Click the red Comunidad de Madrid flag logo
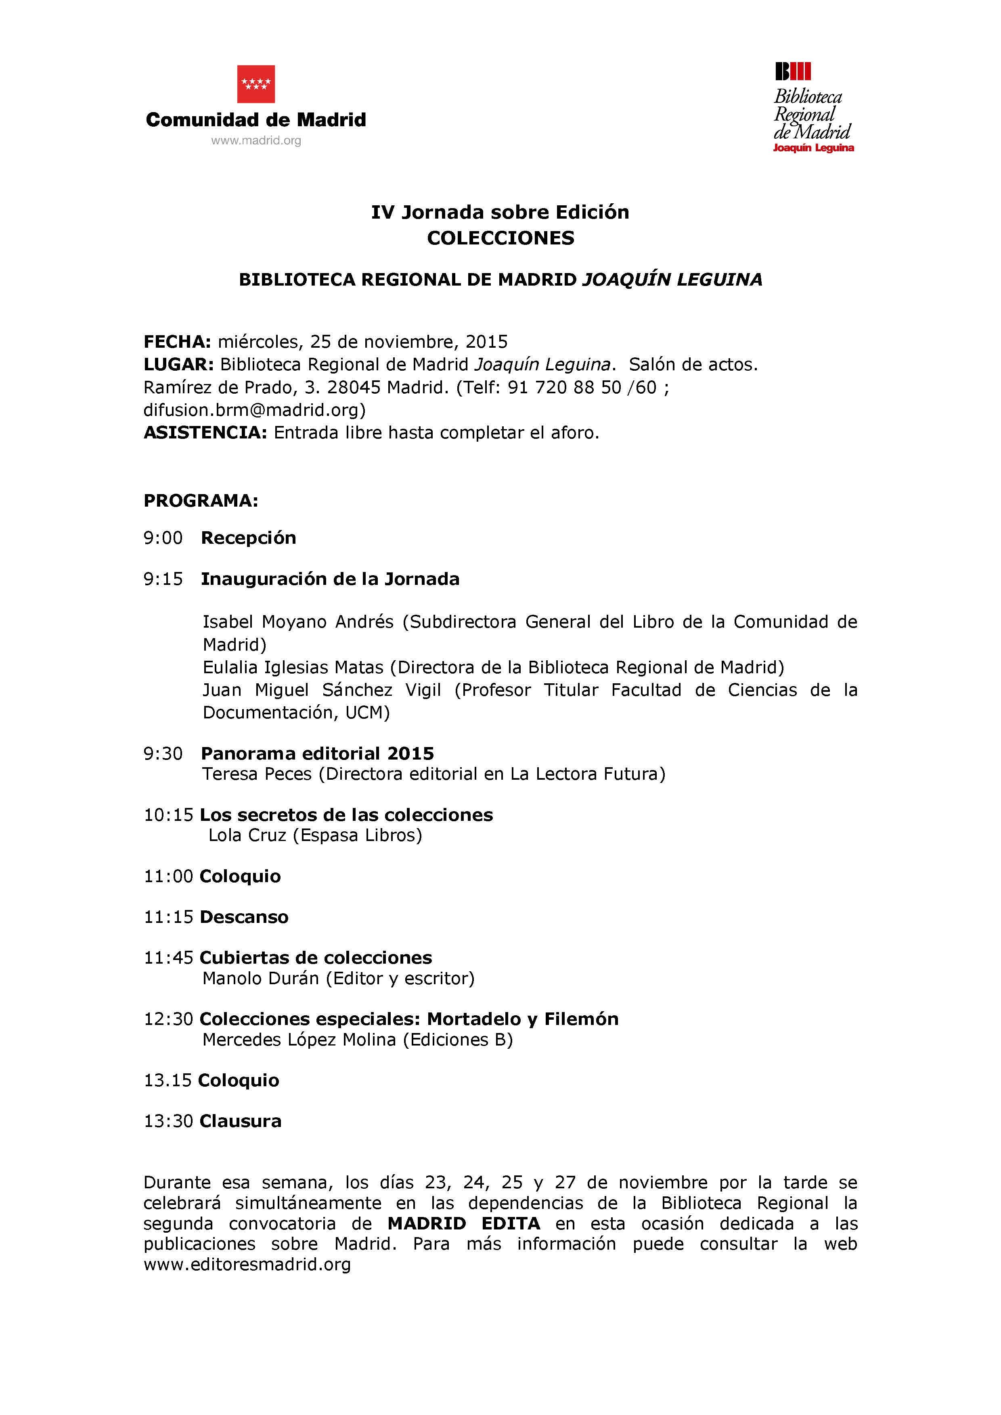tap(256, 84)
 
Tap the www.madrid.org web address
tap(256, 140)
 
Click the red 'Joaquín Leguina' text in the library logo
tap(813, 148)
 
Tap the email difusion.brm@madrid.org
tap(254, 410)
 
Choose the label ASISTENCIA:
tap(205, 433)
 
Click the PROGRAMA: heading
tap(201, 501)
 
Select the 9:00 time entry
tap(163, 538)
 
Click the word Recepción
tap(249, 538)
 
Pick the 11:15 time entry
tap(168, 917)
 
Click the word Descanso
tap(244, 917)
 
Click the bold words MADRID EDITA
tap(464, 1223)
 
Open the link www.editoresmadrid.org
tap(247, 1264)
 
